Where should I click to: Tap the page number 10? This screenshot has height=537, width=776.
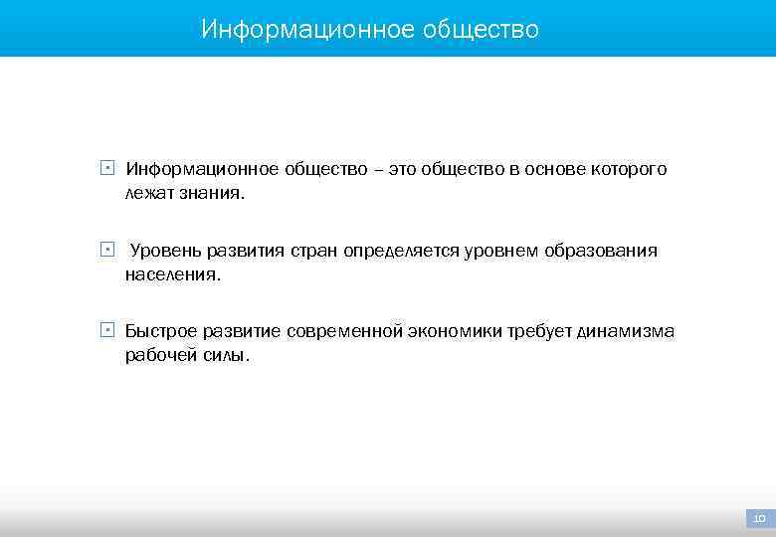pyautogui.click(x=759, y=519)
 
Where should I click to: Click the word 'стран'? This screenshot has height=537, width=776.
pyautogui.click(x=314, y=251)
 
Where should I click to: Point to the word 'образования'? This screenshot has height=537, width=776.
pyautogui.click(x=603, y=251)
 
